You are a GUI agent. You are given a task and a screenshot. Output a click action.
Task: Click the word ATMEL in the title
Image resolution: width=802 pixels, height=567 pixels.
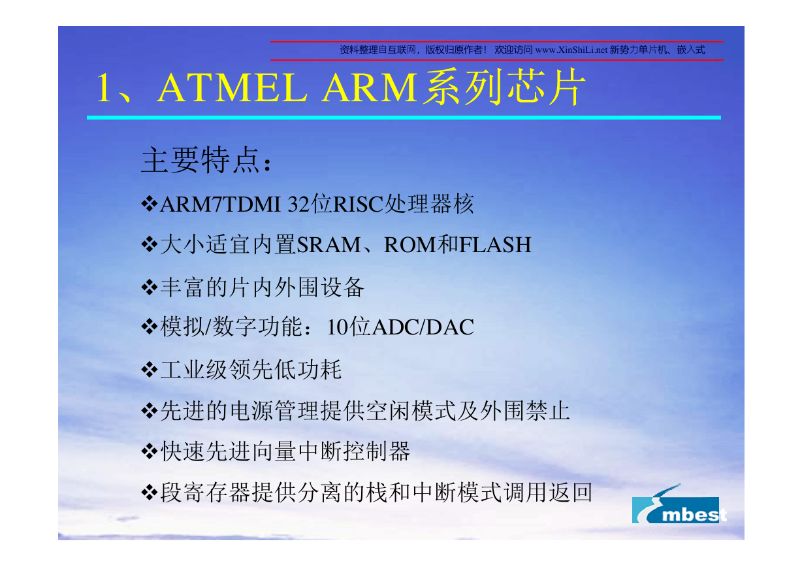point(232,88)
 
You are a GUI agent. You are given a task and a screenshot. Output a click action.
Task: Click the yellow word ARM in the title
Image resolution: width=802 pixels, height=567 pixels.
point(370,88)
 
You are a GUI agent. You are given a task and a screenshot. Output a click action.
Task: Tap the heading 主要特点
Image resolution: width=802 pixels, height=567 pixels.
point(200,160)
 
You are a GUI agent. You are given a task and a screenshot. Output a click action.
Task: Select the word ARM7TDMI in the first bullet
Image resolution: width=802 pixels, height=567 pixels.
point(220,204)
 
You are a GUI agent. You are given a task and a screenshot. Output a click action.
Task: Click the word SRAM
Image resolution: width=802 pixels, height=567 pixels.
point(329,245)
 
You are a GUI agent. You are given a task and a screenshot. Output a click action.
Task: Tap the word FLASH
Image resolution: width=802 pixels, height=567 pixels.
point(495,245)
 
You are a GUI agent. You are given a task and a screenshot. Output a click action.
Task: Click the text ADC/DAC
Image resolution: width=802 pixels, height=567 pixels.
point(423,327)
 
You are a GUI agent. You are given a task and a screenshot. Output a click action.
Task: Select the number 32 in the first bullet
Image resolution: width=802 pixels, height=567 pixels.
point(298,204)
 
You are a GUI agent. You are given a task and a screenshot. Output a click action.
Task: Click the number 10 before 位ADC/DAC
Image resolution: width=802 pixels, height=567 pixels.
point(338,327)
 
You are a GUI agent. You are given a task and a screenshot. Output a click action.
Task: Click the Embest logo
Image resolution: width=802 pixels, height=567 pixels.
point(679,506)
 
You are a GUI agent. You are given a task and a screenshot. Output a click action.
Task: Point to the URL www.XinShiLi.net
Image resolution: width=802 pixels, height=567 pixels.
point(571,50)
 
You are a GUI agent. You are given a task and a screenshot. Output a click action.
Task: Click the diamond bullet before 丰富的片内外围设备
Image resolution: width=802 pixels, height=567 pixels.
point(150,287)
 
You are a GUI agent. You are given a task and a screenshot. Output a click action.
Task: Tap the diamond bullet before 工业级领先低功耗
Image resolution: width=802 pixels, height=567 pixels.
point(150,370)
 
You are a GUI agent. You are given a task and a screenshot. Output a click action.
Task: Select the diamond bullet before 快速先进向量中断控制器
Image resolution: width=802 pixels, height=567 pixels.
point(150,451)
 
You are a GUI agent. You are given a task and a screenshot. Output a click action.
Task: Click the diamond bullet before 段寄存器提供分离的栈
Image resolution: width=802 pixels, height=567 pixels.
point(150,493)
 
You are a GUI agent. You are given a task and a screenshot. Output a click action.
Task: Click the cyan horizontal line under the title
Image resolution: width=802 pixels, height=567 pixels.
point(404,118)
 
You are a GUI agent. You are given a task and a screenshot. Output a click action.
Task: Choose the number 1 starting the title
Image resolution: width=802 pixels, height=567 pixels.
point(103,88)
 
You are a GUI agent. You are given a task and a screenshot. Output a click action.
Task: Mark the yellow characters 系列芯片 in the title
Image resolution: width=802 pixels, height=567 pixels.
point(505,88)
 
